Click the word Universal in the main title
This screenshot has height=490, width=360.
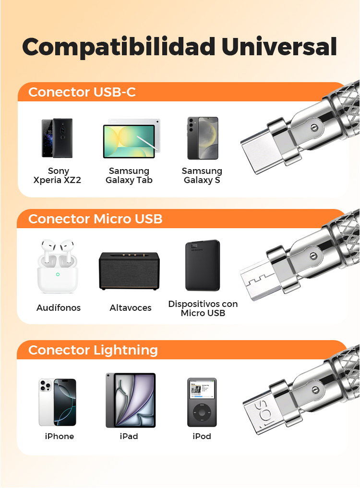tap(279, 47)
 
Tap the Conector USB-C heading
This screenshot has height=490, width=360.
tap(82, 92)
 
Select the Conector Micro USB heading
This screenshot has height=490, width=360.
tap(95, 219)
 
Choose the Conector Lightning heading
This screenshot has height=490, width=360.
tap(93, 350)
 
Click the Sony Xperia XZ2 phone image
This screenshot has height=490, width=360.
tap(57, 138)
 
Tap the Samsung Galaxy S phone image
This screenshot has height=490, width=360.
tap(203, 138)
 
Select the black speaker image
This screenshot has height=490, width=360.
tap(129, 271)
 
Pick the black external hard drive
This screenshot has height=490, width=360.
tap(203, 265)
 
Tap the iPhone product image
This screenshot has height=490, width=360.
tap(58, 402)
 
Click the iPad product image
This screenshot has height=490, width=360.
tap(131, 400)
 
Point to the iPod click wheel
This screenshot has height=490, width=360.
tap(202, 413)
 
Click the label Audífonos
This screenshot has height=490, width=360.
tap(59, 308)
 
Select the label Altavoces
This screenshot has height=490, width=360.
tap(131, 308)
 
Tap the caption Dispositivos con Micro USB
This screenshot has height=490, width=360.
tap(203, 308)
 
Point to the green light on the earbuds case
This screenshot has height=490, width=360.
tap(58, 274)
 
